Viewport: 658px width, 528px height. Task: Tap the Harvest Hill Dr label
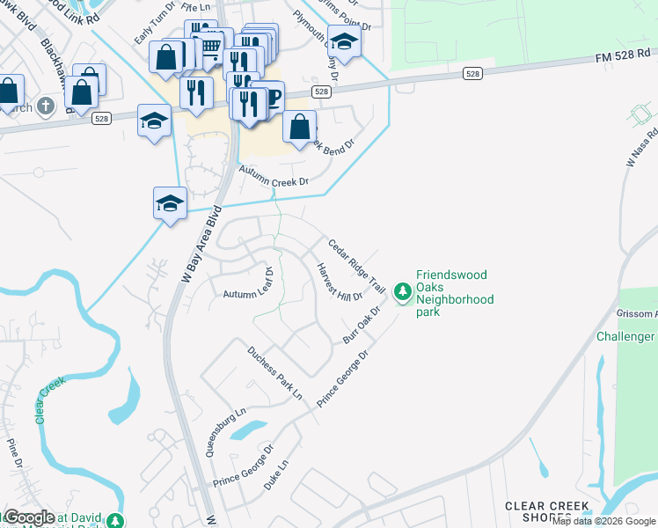(340, 282)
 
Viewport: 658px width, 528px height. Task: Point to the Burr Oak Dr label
(362, 326)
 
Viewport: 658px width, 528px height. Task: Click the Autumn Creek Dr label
(275, 180)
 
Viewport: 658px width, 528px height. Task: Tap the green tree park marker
(403, 290)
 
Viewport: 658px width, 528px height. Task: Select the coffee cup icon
(271, 96)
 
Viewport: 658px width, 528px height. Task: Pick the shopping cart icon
(211, 45)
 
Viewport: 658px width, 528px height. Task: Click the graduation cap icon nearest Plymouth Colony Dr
(344, 41)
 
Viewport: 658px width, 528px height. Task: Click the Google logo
(30, 517)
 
